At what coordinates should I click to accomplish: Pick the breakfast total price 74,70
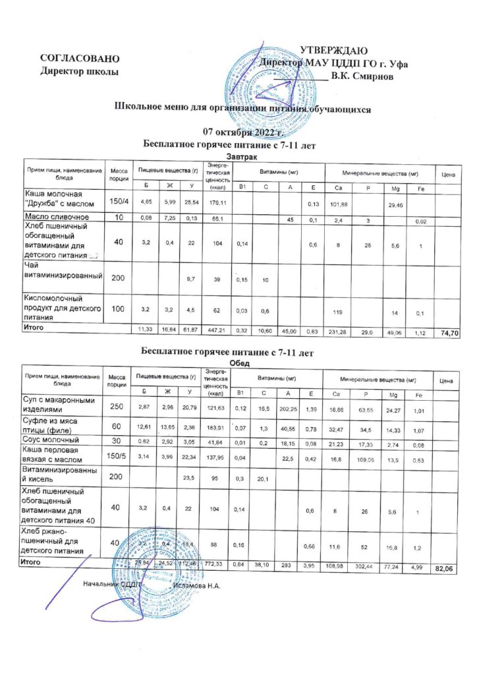pyautogui.click(x=448, y=335)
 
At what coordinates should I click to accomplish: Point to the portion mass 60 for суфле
pyautogui.click(x=117, y=426)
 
